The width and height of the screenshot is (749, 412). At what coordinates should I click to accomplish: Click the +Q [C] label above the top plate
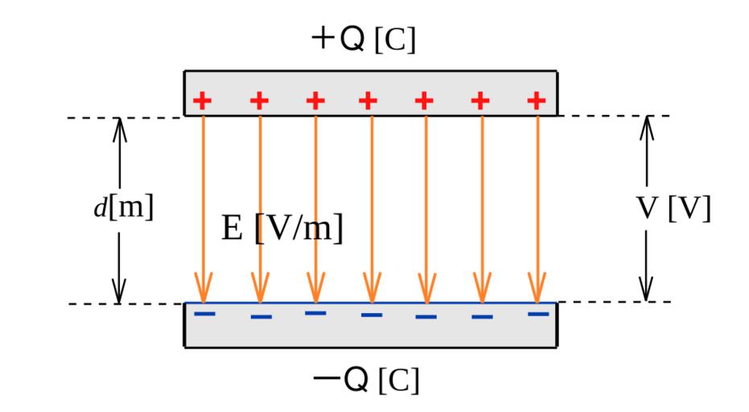pos(363,40)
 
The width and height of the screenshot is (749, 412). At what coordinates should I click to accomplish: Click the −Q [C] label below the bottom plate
pos(366,377)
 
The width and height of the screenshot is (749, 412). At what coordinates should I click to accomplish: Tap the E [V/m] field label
pos(282,229)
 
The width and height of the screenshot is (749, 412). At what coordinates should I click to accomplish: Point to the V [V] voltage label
pos(674,208)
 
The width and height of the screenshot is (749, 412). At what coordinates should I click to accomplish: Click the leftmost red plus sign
pos(203,101)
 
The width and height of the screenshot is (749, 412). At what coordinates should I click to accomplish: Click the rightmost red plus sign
pos(537,101)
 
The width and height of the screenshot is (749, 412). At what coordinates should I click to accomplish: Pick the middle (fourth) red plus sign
pos(368,101)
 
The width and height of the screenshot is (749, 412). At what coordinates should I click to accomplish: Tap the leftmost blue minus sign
pos(205,312)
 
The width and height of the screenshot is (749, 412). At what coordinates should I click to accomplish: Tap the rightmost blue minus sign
pos(538,313)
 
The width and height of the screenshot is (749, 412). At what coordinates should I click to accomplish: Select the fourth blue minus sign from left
pos(372,314)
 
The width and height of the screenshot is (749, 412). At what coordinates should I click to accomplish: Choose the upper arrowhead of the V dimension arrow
pos(646,125)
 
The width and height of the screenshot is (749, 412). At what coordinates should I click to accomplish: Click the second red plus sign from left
pos(259,101)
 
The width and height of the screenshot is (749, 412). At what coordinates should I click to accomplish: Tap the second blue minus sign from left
pos(261,316)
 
